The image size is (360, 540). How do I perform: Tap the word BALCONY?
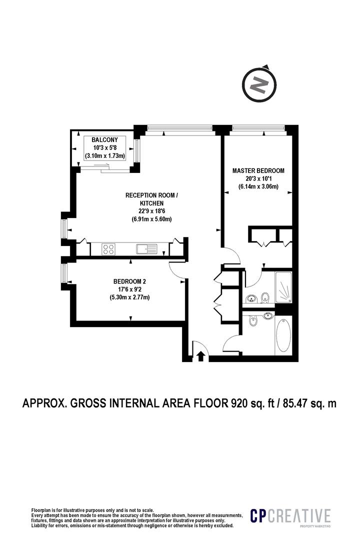(104, 140)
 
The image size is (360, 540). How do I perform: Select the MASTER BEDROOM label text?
(258, 170)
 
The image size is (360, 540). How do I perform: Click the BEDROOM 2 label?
(129, 281)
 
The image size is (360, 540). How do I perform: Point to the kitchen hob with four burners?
(109, 248)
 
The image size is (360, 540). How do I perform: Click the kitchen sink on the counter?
(146, 248)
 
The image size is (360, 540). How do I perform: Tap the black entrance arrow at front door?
(200, 356)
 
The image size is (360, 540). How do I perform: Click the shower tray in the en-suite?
(283, 288)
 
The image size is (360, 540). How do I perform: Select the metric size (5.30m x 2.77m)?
(129, 297)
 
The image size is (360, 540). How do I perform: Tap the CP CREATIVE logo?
(290, 516)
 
